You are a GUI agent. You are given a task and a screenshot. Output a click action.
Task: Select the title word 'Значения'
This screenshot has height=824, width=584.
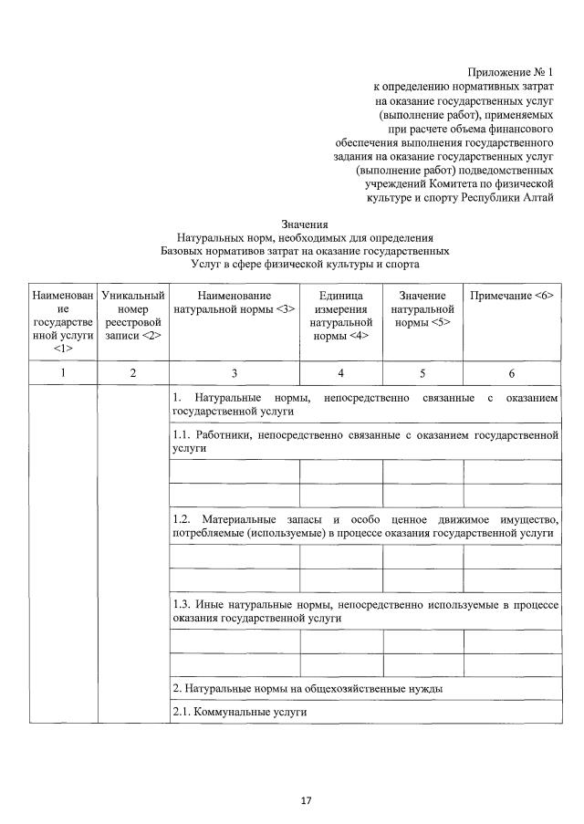[x=305, y=224]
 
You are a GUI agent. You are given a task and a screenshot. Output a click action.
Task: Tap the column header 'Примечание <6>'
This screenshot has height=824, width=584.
[x=512, y=296]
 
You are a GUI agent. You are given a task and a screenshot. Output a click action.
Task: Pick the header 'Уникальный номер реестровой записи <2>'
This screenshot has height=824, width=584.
[x=133, y=316]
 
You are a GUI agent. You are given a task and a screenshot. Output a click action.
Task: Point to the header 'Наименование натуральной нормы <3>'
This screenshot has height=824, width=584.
[x=235, y=302]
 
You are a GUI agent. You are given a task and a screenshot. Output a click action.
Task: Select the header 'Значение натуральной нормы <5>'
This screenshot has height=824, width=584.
[x=422, y=308]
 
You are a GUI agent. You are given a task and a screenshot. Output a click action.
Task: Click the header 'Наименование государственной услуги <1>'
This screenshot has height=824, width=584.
[x=62, y=322]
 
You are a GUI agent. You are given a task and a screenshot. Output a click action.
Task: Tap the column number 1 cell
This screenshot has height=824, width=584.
[x=62, y=372]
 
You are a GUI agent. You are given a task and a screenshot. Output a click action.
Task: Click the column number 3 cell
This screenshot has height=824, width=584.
[x=235, y=372]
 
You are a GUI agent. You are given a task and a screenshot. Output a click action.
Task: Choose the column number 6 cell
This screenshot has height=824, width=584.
[x=512, y=372]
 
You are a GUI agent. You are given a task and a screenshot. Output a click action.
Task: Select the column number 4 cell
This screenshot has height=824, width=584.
[x=341, y=372]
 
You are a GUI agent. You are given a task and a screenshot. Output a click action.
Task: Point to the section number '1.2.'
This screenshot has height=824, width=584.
[x=182, y=519]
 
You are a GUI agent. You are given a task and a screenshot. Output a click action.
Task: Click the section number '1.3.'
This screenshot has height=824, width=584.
[x=182, y=604]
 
